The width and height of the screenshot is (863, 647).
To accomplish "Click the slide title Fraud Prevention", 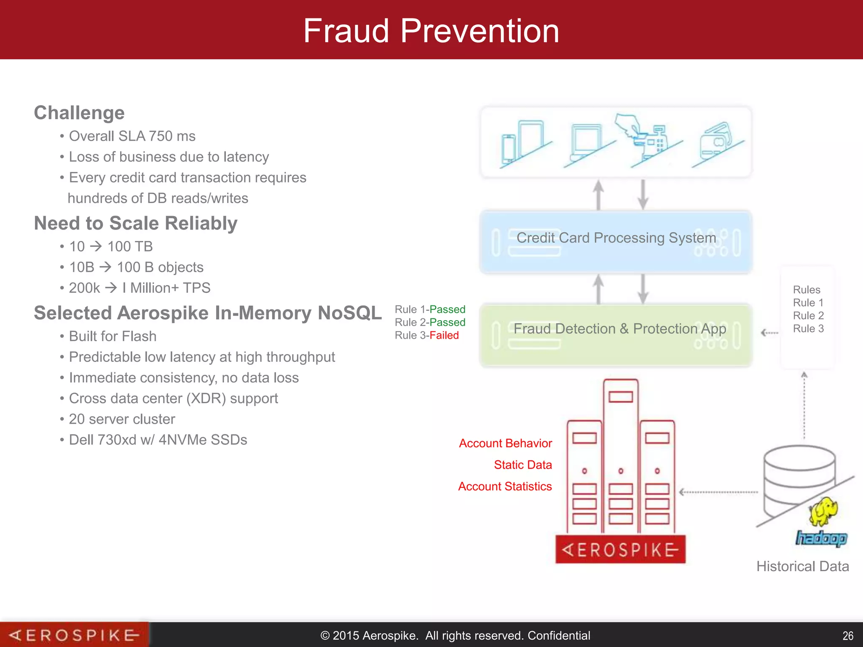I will (431, 31).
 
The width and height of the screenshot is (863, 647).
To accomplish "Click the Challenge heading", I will (79, 113).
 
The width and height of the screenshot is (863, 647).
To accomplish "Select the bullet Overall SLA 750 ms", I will (132, 136).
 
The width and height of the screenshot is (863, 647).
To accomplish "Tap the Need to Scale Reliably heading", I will (136, 223).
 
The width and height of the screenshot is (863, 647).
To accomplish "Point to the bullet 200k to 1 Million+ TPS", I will (139, 288).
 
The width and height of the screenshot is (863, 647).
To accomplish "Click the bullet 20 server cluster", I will (122, 419).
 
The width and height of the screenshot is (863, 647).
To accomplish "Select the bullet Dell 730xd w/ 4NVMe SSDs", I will (158, 440).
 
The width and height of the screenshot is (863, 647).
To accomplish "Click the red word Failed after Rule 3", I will (444, 336).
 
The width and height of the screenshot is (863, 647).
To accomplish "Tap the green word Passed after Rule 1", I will (447, 310).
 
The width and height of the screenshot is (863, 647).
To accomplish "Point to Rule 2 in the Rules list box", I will (808, 315).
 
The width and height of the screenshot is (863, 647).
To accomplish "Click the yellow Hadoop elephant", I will (823, 512).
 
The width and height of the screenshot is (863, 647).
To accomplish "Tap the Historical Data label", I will (802, 567).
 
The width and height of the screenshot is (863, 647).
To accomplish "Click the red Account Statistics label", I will (505, 487).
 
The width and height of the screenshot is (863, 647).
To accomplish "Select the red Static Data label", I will (523, 465).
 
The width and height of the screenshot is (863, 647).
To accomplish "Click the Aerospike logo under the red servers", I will (620, 550).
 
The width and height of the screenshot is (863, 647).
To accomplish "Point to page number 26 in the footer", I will (847, 636).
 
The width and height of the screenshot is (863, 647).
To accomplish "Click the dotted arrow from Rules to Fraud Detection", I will (769, 333).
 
